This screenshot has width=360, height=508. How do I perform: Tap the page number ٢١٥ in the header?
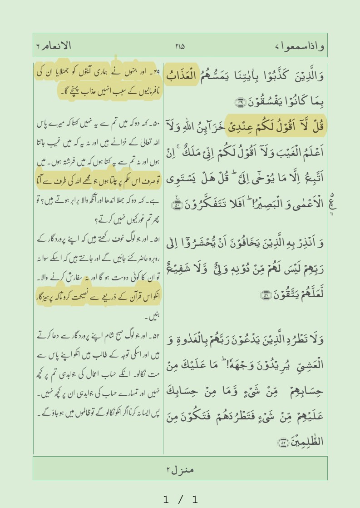tap(180, 46)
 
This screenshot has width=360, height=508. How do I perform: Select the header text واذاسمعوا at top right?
tap(299, 46)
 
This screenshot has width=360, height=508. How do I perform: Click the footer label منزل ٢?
tap(180, 468)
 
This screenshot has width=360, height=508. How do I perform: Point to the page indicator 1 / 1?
tap(180, 500)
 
